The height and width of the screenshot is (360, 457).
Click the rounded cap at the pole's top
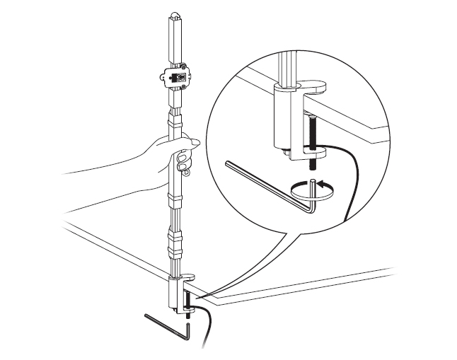(x=174, y=16)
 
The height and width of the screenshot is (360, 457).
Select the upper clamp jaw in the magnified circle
(x=304, y=87)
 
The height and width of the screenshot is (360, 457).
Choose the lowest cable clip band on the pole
(x=173, y=250)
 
